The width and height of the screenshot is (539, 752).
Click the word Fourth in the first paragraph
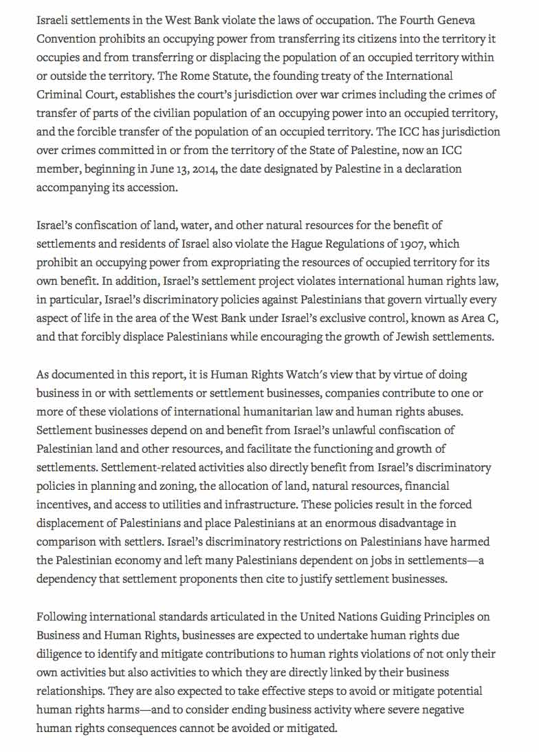pyautogui.click(x=434, y=21)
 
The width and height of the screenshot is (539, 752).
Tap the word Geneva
pyautogui.click(x=475, y=21)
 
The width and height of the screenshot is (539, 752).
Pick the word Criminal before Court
pyautogui.click(x=59, y=94)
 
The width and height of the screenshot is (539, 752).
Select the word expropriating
pyautogui.click(x=263, y=262)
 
